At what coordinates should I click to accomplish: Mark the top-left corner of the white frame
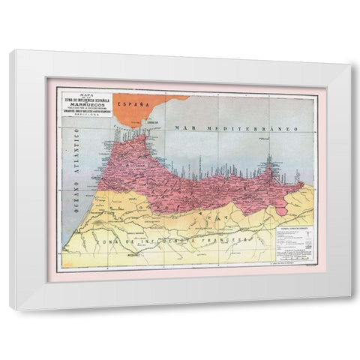click(x=10, y=51)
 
